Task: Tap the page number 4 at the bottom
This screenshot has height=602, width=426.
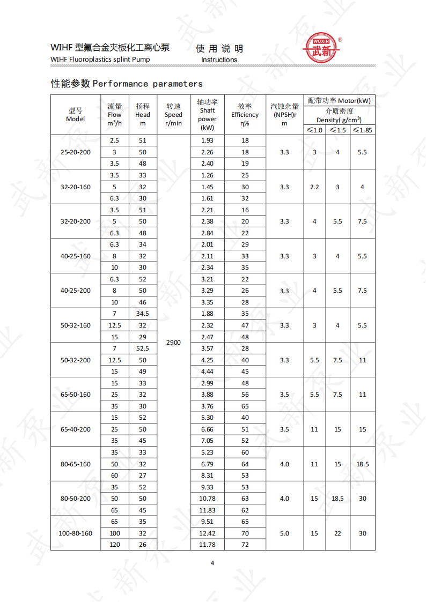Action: point(212,563)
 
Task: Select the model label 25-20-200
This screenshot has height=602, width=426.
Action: point(76,152)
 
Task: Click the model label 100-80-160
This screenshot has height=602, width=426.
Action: point(76,533)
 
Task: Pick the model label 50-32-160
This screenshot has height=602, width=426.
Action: point(76,325)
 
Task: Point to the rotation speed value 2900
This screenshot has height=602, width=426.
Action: point(173,342)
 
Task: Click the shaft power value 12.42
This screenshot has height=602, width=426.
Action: point(207,533)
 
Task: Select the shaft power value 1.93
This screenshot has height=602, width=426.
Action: point(207,140)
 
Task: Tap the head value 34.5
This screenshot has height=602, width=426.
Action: point(143,314)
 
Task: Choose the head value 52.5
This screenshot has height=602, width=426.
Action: point(143,348)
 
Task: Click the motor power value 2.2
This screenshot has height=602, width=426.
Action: point(314,187)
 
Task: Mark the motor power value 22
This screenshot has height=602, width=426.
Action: point(337,533)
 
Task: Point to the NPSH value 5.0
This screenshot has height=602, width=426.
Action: point(284,533)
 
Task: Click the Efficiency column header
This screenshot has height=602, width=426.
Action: point(245,115)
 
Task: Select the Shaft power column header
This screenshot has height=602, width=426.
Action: point(207,115)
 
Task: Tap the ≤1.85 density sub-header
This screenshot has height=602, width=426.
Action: point(362,130)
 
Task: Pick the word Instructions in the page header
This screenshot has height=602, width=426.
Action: point(219,60)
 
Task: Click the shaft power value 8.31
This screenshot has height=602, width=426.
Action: point(207,475)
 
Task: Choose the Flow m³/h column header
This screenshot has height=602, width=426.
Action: point(115,115)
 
